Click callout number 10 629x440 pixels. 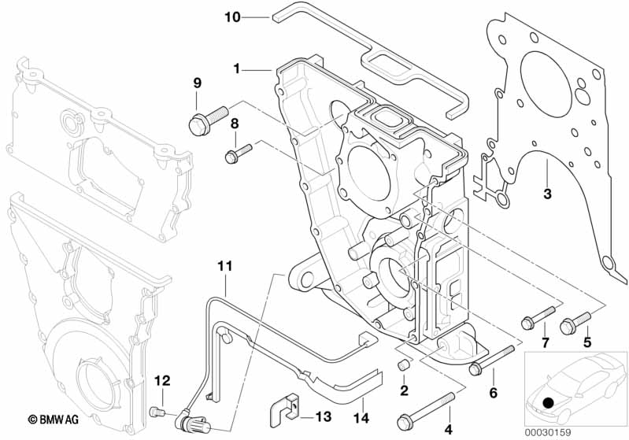(x=232, y=17)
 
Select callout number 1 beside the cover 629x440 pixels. (x=237, y=69)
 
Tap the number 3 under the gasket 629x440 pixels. (x=547, y=194)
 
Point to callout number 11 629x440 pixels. (x=225, y=266)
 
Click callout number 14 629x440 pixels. (x=361, y=418)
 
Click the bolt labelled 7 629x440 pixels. (x=538, y=318)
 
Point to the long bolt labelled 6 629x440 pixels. (x=491, y=361)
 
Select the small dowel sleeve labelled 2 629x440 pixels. (x=404, y=365)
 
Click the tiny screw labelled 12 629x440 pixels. (x=157, y=412)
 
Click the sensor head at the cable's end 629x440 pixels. (x=193, y=423)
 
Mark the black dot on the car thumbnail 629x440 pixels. (x=547, y=402)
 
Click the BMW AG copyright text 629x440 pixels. (x=54, y=420)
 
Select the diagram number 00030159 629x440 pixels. (x=548, y=433)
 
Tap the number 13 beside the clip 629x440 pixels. (x=323, y=416)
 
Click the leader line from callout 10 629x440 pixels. (x=255, y=17)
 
